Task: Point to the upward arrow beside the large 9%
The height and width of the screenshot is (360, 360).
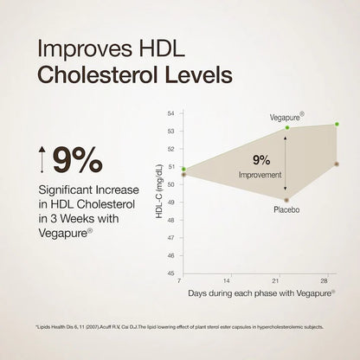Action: (41, 161)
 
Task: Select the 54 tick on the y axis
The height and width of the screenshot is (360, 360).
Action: (170, 113)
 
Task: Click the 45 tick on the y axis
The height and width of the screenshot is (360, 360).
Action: (170, 273)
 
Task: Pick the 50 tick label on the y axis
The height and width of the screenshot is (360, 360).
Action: (170, 184)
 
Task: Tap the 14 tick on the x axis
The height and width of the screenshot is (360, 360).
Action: (227, 282)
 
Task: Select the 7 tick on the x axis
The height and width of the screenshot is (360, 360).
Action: (180, 282)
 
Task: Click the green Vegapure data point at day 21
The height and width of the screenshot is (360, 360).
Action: (286, 128)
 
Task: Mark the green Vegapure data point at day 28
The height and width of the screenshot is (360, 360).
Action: (337, 125)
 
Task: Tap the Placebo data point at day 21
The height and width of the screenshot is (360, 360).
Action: (286, 198)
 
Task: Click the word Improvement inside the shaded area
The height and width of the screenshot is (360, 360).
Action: (261, 174)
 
